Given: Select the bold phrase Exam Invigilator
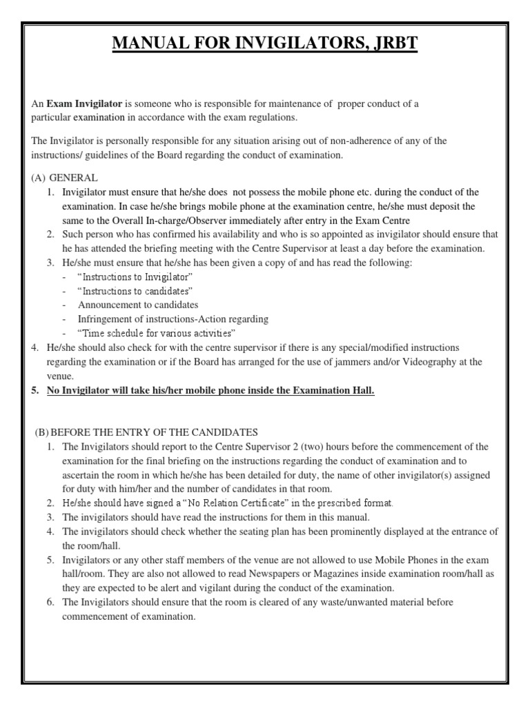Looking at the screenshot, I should coord(84,103).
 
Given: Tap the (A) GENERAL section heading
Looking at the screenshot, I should coord(64,177).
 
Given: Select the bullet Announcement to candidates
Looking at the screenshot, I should coord(138,305).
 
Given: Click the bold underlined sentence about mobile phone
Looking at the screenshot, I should coord(210,390).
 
